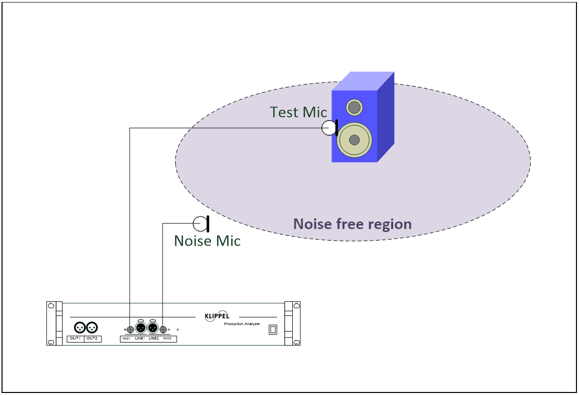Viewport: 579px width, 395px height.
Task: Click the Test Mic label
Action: coord(298,112)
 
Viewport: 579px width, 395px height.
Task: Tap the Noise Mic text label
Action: coord(207,241)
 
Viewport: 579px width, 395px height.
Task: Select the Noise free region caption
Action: coord(352,224)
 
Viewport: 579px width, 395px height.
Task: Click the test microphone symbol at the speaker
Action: coord(330,128)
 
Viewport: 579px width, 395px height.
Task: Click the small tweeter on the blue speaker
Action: coord(354,107)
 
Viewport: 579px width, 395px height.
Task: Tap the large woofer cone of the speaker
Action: coord(354,140)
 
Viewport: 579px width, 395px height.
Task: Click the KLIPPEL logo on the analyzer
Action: coord(217,316)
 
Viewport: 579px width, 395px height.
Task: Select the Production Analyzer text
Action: coord(242,324)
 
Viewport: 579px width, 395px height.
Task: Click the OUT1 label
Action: coord(75,338)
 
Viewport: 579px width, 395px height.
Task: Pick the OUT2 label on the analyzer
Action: coord(92,338)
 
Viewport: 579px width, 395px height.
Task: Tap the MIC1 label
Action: coord(127,338)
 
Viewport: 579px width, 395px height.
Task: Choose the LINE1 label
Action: coord(140,338)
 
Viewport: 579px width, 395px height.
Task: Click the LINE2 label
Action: coord(153,338)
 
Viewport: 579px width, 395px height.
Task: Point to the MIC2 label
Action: coord(167,338)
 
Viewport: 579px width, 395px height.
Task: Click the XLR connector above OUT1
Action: coord(80,327)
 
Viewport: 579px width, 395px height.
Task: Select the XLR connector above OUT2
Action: coord(92,327)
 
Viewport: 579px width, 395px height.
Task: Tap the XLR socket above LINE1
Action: coord(140,328)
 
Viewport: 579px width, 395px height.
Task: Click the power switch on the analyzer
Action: coord(273,329)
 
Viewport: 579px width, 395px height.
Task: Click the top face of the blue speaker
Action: coord(363,81)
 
